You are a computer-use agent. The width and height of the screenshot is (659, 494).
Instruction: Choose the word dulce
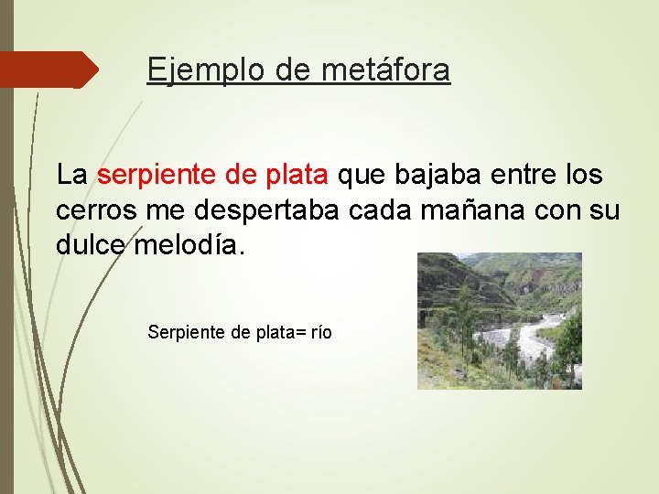point(92,245)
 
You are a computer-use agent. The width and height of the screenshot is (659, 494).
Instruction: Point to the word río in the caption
point(319,332)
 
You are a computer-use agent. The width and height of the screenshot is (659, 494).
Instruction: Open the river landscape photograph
point(499,321)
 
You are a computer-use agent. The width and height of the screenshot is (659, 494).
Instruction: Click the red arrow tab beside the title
point(46,70)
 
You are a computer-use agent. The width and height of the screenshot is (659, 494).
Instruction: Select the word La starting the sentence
point(71,174)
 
